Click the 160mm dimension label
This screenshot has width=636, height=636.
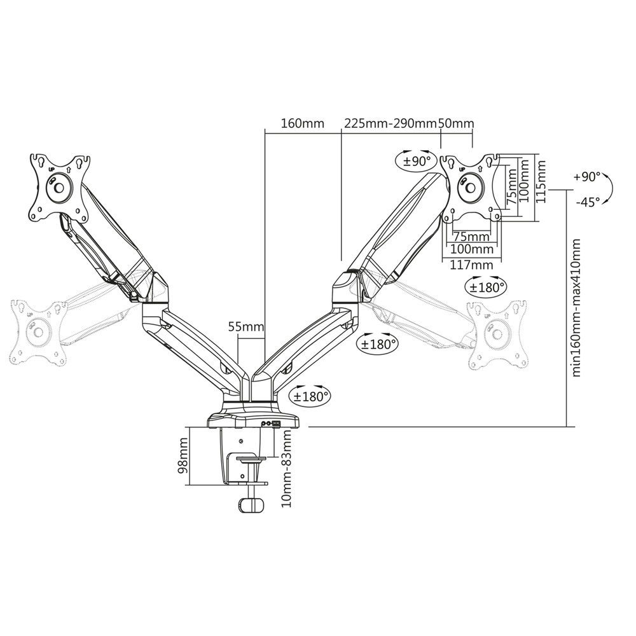298,123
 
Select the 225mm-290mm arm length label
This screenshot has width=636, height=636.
391,123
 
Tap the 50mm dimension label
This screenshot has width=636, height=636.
456,123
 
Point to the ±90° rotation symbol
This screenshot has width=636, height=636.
417,160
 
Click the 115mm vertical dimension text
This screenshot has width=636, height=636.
541,181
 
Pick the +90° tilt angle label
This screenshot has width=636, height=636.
586,176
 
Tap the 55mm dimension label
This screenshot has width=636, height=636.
246,327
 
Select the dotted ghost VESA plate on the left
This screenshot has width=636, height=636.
38,331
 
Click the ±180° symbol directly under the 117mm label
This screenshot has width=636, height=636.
487,286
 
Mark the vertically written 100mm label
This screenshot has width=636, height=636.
525,181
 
